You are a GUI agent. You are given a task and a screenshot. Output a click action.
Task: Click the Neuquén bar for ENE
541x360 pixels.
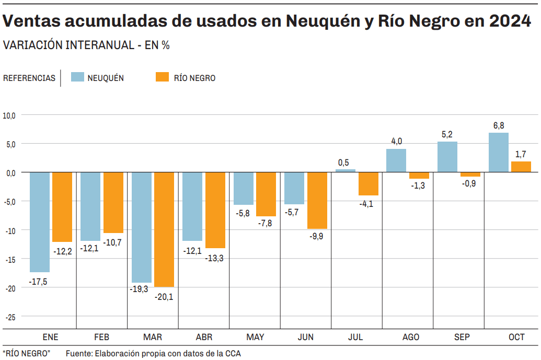tap(40, 222)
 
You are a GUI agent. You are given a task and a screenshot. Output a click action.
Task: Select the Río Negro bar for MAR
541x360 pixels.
tap(164, 229)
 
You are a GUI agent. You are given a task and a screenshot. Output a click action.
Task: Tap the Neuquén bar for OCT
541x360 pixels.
tap(499, 153)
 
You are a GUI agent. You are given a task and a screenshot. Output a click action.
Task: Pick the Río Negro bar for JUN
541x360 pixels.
tap(317, 201)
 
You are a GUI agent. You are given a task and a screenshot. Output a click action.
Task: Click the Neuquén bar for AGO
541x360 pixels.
tap(396, 160)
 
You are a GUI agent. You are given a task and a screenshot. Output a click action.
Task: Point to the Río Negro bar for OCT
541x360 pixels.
tap(521, 167)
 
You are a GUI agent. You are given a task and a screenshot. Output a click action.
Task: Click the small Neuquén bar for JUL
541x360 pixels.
tap(346, 170)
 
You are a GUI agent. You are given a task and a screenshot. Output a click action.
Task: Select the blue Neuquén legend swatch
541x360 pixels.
tap(77, 77)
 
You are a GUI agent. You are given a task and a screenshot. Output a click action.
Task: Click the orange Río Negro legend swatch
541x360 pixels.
tap(163, 77)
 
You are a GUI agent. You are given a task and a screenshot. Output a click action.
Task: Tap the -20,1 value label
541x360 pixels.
tap(164, 297)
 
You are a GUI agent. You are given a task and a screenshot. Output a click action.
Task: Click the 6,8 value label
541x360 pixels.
tap(499, 125)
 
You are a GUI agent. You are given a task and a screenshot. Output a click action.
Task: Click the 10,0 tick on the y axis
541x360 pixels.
tap(10, 115)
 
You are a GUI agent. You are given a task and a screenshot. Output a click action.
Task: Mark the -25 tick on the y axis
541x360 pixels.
tap(11, 317)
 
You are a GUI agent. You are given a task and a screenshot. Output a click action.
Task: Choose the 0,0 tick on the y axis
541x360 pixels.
tap(11, 172)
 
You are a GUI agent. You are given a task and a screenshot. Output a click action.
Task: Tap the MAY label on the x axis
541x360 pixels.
tap(255, 338)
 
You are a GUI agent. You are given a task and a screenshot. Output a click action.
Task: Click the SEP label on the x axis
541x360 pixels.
tap(461, 338)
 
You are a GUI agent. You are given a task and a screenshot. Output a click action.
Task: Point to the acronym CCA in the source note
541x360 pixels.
tap(233, 354)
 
